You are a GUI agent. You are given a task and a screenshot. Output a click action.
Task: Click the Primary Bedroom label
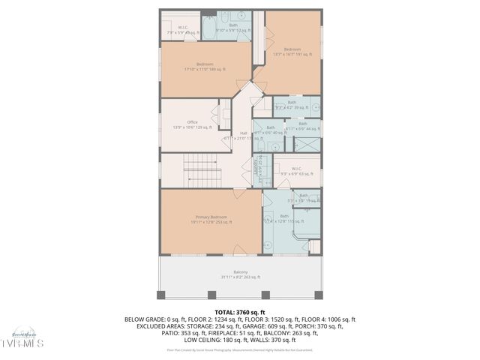tap(211, 217)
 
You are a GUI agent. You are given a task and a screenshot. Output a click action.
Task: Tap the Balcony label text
tap(240, 272)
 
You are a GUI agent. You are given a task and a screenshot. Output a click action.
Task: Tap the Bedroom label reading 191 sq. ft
tap(292, 49)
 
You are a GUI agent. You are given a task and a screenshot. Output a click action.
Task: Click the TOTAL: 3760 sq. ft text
tap(240, 311)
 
